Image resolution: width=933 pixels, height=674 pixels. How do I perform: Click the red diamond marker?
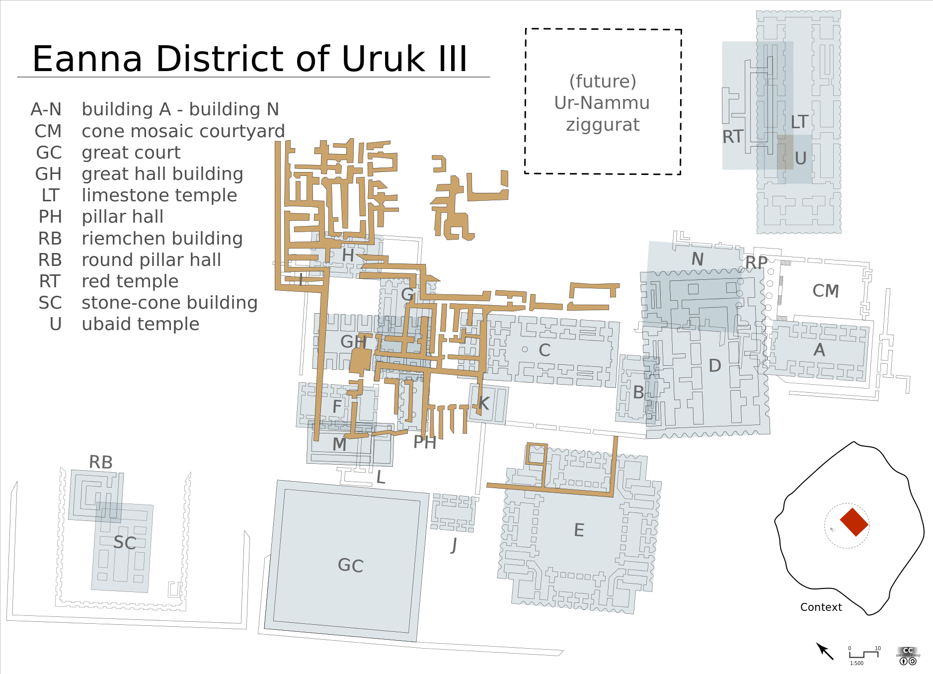(x=854, y=522)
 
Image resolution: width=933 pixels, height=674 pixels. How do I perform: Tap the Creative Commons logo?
(x=908, y=655)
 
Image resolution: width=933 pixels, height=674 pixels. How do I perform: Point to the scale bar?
(x=863, y=654)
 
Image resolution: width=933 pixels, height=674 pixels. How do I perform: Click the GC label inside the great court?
(x=350, y=566)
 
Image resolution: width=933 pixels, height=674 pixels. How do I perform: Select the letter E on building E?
(x=579, y=530)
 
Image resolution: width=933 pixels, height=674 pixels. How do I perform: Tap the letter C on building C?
(x=544, y=350)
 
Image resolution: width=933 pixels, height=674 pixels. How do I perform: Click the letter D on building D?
(x=714, y=366)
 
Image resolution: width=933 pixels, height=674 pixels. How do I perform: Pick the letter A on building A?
(x=819, y=350)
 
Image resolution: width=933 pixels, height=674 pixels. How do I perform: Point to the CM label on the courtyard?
(x=825, y=291)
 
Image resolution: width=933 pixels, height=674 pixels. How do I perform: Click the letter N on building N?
(x=698, y=259)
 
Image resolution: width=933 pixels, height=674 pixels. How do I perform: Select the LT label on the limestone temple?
(x=799, y=122)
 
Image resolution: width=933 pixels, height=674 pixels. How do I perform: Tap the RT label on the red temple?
(x=732, y=137)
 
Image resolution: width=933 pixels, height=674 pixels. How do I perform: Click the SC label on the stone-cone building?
(x=124, y=543)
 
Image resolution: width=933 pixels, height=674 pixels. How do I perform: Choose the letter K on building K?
(x=483, y=404)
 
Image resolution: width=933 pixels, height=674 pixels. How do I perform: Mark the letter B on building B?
(x=638, y=393)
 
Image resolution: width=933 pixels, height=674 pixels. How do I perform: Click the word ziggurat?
(x=603, y=125)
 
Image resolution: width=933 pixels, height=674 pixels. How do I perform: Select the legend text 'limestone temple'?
(x=159, y=195)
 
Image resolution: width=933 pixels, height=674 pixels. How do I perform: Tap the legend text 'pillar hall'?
(x=122, y=217)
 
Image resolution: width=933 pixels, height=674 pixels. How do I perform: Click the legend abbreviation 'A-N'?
(x=46, y=109)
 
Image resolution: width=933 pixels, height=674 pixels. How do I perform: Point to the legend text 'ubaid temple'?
(x=141, y=324)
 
